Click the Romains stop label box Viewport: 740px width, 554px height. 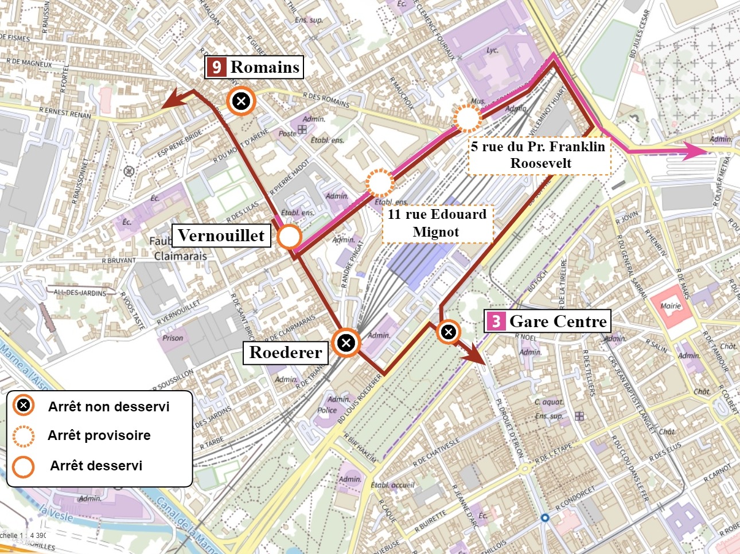point(254,67)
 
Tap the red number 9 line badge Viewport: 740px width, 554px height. point(216,67)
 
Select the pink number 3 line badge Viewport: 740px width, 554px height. point(496,321)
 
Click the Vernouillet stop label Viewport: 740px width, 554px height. point(221,235)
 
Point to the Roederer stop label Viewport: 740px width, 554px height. point(286,352)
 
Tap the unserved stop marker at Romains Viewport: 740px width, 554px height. point(242,102)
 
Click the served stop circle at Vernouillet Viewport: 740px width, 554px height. point(289,237)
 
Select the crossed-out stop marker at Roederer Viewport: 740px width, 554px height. point(346,343)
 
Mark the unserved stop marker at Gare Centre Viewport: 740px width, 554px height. point(448,331)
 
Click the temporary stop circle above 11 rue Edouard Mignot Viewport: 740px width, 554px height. point(379,183)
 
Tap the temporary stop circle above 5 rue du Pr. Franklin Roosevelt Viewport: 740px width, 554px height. point(467,119)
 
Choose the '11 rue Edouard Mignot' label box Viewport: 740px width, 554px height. point(437,223)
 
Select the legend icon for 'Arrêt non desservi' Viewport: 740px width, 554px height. point(23,406)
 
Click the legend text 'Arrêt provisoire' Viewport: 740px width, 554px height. point(99,435)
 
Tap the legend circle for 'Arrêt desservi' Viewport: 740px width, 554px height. point(23,466)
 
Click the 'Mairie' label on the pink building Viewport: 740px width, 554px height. point(670,305)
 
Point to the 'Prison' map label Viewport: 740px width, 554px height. point(173,338)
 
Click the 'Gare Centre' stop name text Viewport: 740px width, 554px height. point(558,321)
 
